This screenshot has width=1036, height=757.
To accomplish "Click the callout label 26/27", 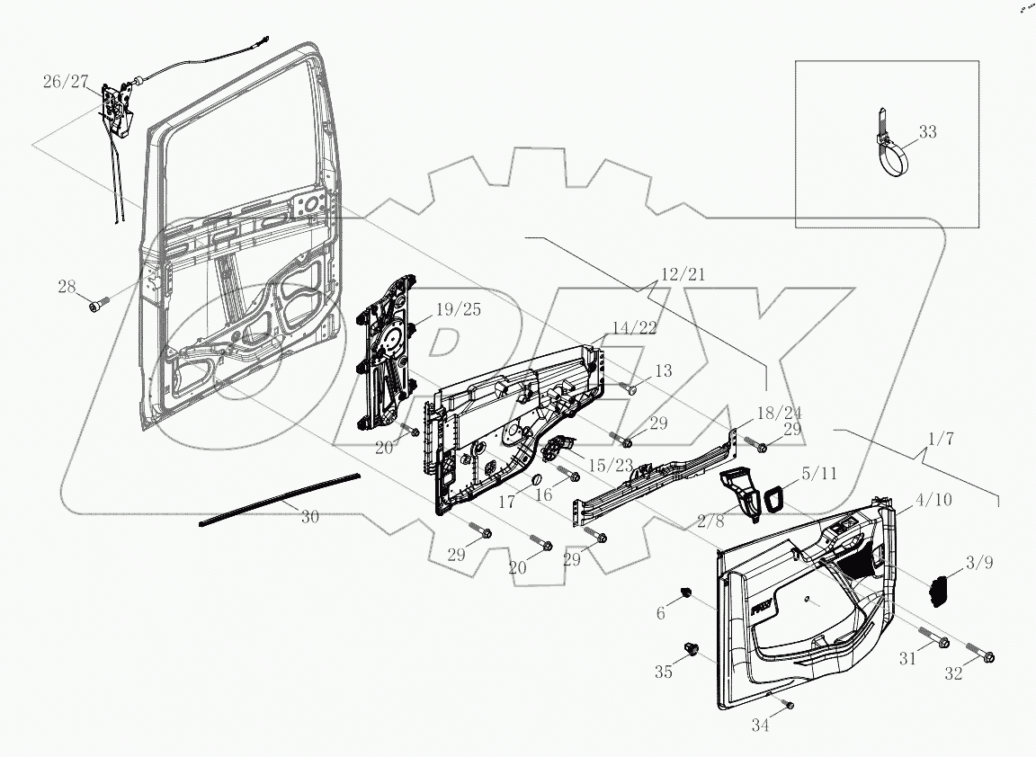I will click(x=66, y=82).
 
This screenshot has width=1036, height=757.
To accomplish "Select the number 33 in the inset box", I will click(x=927, y=132).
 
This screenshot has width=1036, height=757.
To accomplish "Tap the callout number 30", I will click(x=309, y=517).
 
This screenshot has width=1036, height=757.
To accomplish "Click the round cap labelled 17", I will click(x=531, y=477).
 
